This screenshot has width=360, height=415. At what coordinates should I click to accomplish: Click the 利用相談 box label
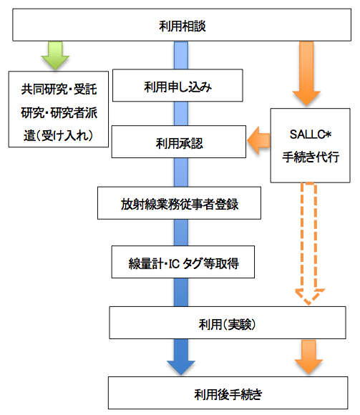tap(182, 26)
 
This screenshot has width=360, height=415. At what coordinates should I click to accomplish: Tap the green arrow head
tap(55, 62)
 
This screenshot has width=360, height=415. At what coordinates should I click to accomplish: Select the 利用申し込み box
tap(177, 85)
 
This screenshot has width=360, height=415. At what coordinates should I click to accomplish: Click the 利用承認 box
tap(179, 142)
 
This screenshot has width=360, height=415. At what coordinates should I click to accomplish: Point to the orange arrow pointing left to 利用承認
tap(258, 140)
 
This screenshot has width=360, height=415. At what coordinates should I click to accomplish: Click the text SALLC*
tap(310, 135)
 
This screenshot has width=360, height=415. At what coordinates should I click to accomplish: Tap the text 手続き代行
tap(311, 157)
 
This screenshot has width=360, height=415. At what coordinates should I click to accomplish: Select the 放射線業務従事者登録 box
tap(179, 203)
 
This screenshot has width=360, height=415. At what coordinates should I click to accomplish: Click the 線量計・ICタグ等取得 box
tap(183, 262)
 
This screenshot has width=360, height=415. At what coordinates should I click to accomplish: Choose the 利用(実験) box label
tap(227, 324)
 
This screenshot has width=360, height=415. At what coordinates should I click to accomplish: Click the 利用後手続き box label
tap(228, 394)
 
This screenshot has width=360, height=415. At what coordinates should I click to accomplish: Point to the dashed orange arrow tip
tap(309, 304)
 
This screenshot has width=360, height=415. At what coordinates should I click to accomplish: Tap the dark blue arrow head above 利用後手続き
tap(181, 367)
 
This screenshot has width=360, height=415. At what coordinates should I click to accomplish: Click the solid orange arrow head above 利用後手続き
tap(308, 366)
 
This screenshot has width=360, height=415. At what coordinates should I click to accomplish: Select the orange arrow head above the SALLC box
tap(306, 99)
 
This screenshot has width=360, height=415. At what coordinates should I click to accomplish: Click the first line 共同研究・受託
tap(59, 89)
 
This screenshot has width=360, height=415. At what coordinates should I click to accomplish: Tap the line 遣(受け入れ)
tap(58, 135)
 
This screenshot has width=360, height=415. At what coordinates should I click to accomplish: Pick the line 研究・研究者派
tap(59, 113)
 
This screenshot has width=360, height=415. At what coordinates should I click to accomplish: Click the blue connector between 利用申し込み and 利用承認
tap(181, 114)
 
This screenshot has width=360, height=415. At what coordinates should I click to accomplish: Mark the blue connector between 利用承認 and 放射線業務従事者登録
tap(181, 172)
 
